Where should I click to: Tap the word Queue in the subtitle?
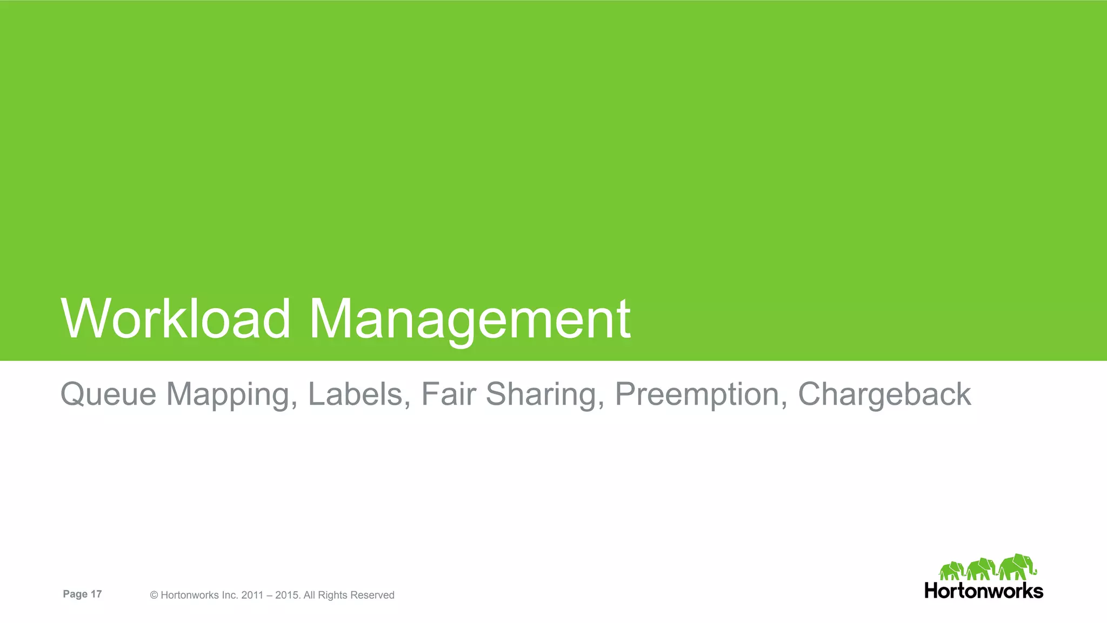pyautogui.click(x=108, y=394)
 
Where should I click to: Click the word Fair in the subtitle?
pyautogui.click(x=448, y=394)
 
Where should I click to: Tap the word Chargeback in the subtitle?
pyautogui.click(x=884, y=394)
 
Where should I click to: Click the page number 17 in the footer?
pyautogui.click(x=96, y=594)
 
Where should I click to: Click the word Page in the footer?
pyautogui.click(x=75, y=594)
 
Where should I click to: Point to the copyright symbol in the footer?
pyautogui.click(x=154, y=595)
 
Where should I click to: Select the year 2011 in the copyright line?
pyautogui.click(x=252, y=595)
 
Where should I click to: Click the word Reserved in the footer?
pyautogui.click(x=372, y=595)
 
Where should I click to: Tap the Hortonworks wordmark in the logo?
pyautogui.click(x=983, y=591)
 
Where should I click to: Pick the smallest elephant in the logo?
pyautogui.click(x=952, y=571)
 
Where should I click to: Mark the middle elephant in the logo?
pyautogui.click(x=981, y=569)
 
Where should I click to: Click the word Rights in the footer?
pyautogui.click(x=332, y=595)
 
